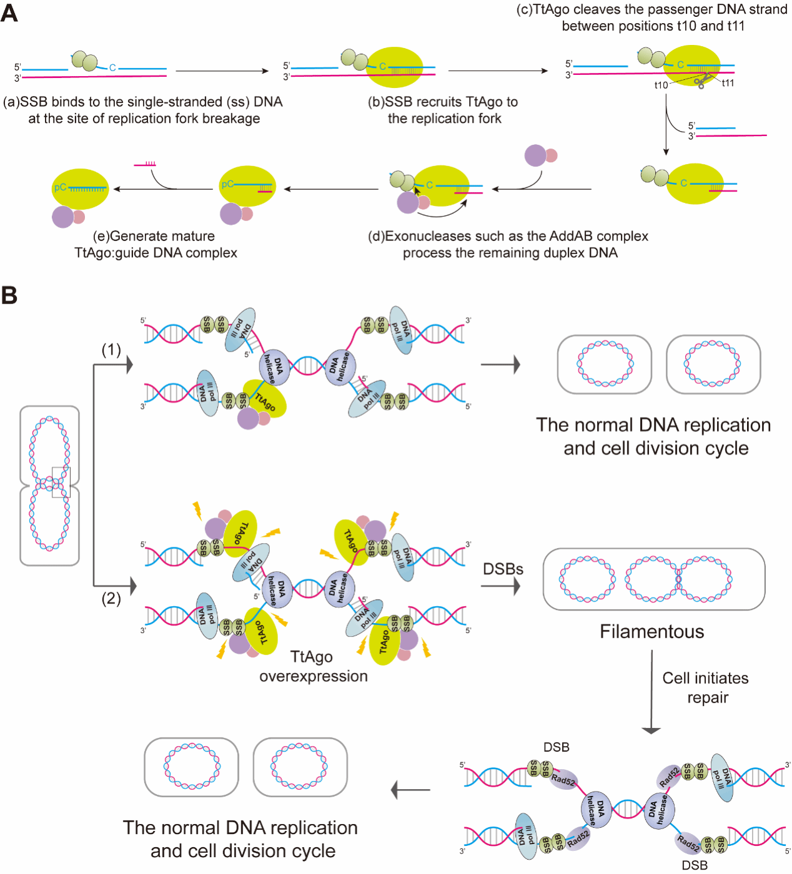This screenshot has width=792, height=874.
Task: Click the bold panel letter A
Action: pyautogui.click(x=9, y=12)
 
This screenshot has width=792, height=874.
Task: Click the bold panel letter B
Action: pyautogui.click(x=9, y=295)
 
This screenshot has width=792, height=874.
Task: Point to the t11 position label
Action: pyautogui.click(x=728, y=83)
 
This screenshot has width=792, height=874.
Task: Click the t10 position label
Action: pyautogui.click(x=661, y=85)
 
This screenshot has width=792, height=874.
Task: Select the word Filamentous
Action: pyautogui.click(x=651, y=632)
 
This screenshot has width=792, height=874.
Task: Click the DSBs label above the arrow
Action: pyautogui.click(x=503, y=569)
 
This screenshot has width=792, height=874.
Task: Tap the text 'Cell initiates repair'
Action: pyautogui.click(x=705, y=687)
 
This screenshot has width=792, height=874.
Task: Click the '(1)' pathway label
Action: pyautogui.click(x=111, y=350)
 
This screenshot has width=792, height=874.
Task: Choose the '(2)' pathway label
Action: pyautogui.click(x=111, y=599)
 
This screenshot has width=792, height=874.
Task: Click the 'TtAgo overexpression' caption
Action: pyautogui.click(x=313, y=666)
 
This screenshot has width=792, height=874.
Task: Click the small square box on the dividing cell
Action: pyautogui.click(x=61, y=482)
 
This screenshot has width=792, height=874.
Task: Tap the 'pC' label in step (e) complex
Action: pyautogui.click(x=60, y=187)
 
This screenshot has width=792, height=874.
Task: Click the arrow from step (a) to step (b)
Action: pyautogui.click(x=222, y=71)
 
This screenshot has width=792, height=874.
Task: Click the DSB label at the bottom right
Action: pyautogui.click(x=695, y=865)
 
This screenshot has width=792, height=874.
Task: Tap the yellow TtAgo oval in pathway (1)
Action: pyautogui.click(x=266, y=398)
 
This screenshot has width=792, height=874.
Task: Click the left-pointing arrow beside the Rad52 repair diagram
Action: pyautogui.click(x=410, y=790)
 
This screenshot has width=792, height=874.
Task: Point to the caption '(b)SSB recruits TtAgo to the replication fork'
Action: pyautogui.click(x=443, y=110)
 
